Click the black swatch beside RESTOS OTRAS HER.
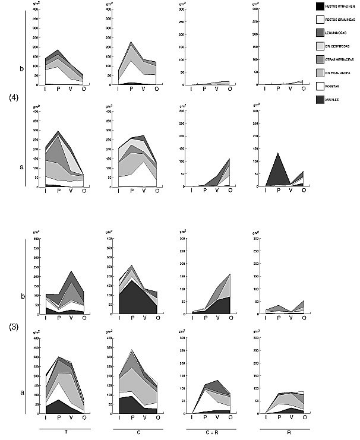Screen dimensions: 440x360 (x=321, y=7)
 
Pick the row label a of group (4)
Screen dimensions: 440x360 (x=22, y=167)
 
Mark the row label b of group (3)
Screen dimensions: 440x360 (x=22, y=295)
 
